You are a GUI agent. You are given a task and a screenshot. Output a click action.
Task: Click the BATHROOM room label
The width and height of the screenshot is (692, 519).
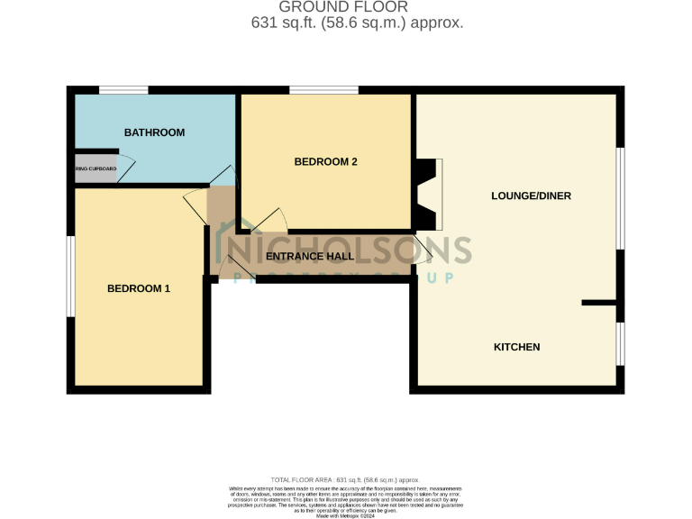[x=154, y=132]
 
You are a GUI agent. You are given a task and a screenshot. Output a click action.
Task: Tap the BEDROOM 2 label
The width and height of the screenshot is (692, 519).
[x=326, y=162]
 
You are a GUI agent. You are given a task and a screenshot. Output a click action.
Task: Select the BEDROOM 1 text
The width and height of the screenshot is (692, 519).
[x=139, y=288]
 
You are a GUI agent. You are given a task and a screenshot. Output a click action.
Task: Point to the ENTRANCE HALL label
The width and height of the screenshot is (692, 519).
[x=310, y=257]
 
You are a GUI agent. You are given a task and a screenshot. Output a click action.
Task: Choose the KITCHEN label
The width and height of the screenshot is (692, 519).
[x=516, y=347]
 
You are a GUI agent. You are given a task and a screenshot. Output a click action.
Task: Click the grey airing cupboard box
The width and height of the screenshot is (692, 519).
[x=96, y=168]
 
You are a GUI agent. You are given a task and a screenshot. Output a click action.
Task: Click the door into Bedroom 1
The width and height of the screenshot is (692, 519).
[x=196, y=205]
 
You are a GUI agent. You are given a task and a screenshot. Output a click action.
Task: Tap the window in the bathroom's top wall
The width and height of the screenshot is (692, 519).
[x=123, y=89]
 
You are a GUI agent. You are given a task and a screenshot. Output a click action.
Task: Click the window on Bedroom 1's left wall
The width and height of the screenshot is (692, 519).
[x=70, y=277]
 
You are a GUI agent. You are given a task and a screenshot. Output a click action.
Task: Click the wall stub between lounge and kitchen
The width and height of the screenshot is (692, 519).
[x=599, y=303]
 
